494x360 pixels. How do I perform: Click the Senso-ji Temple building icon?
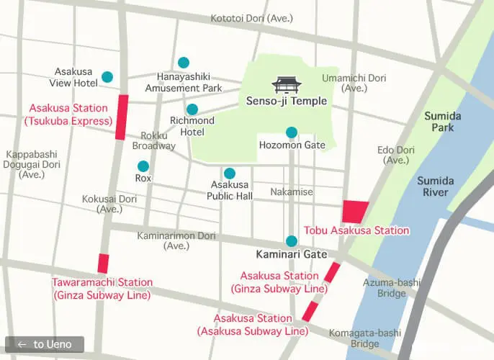[x=286, y=85]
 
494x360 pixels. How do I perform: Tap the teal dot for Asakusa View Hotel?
[x=107, y=77]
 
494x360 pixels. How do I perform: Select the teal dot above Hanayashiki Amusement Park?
[x=184, y=63]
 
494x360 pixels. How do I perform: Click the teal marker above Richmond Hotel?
[x=192, y=109]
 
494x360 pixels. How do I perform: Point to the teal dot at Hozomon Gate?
[x=292, y=132]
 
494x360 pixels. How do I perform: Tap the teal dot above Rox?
[x=143, y=166]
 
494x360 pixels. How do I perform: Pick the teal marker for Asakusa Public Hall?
[x=230, y=174]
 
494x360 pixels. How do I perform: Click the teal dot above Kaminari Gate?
[x=292, y=241]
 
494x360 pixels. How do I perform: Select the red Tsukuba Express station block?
[x=122, y=117]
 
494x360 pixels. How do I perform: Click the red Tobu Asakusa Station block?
[x=355, y=212]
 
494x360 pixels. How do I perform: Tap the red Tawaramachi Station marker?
[x=104, y=264]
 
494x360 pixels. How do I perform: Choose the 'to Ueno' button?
[x=45, y=344]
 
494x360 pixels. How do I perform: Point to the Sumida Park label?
[x=439, y=122]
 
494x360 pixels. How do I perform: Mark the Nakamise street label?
[x=292, y=192]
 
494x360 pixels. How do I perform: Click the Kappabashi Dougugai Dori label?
[x=32, y=164]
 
